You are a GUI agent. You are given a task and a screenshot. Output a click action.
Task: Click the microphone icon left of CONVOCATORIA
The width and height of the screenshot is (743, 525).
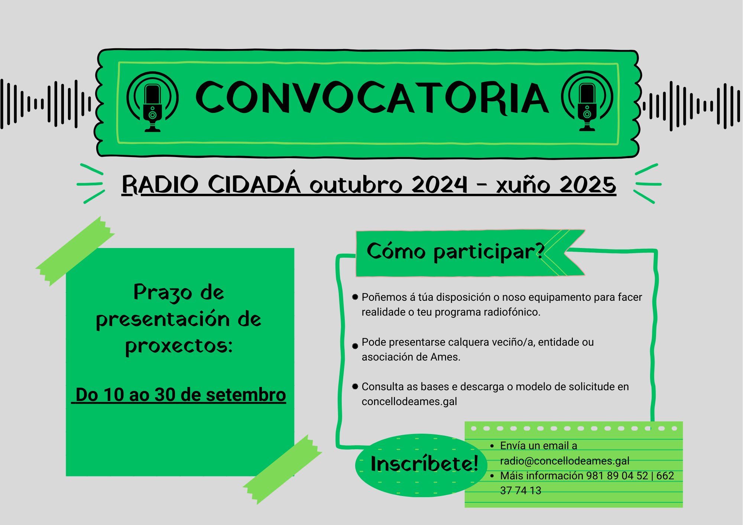[x=152, y=101]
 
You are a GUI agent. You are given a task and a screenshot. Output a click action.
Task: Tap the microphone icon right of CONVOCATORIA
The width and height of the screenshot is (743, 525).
[x=587, y=101]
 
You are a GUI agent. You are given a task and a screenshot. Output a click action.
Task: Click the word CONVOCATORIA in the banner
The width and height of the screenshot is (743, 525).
[x=372, y=97]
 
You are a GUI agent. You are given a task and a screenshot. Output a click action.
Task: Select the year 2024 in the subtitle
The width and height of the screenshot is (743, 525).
[x=439, y=185]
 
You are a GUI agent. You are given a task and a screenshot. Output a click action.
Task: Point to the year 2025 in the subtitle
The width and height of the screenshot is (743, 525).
[x=588, y=185]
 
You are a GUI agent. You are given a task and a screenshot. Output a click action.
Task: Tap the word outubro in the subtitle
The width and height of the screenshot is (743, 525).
[x=356, y=185]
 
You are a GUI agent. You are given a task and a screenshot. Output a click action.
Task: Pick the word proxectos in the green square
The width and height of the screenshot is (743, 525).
[x=179, y=346]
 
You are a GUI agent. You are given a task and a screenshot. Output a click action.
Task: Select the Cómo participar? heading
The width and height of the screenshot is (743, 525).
[x=455, y=251]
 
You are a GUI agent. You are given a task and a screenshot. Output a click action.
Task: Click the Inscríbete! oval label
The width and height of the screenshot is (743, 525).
[x=424, y=464]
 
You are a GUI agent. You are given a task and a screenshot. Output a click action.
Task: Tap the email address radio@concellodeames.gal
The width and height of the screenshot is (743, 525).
[x=565, y=461]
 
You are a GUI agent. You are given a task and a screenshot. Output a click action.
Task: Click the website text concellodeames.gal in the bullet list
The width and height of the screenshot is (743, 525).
[x=409, y=401]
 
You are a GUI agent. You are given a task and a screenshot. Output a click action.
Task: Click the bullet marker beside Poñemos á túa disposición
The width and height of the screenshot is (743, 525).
[x=355, y=297]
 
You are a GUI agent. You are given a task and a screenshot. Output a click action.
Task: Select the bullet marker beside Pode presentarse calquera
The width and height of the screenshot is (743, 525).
[x=355, y=346]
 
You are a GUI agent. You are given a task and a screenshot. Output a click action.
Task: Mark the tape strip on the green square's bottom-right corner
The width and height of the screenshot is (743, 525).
[x=282, y=470]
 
